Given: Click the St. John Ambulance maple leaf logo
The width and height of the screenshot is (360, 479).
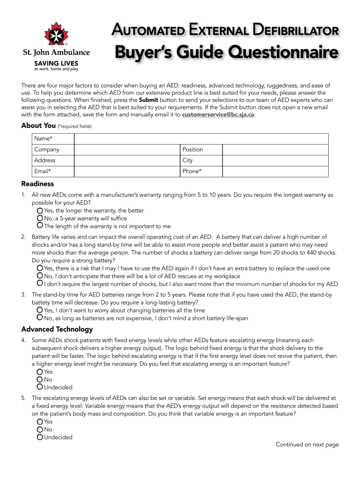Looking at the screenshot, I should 56,34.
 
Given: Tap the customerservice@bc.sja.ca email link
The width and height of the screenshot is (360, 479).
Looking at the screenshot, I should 218,115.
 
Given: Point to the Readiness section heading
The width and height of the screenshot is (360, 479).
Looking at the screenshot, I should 37,184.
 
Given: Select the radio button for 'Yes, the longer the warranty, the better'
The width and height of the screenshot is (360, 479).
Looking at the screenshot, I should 40,211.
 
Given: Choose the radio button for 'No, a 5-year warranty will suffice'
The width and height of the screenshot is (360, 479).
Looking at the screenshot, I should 40,218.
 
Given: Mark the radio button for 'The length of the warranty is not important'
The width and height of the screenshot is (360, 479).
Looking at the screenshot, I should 40,226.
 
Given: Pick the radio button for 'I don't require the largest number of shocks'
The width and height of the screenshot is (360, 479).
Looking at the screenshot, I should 40,283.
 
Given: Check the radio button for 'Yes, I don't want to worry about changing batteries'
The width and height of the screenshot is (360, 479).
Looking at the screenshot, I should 40,310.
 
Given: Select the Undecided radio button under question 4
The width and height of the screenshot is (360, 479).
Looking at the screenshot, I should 40,387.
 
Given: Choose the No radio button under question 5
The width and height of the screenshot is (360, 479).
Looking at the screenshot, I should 40,429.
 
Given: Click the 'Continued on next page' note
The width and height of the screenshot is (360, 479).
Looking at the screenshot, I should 307,445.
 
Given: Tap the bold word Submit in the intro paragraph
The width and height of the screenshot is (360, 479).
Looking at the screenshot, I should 148,100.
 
